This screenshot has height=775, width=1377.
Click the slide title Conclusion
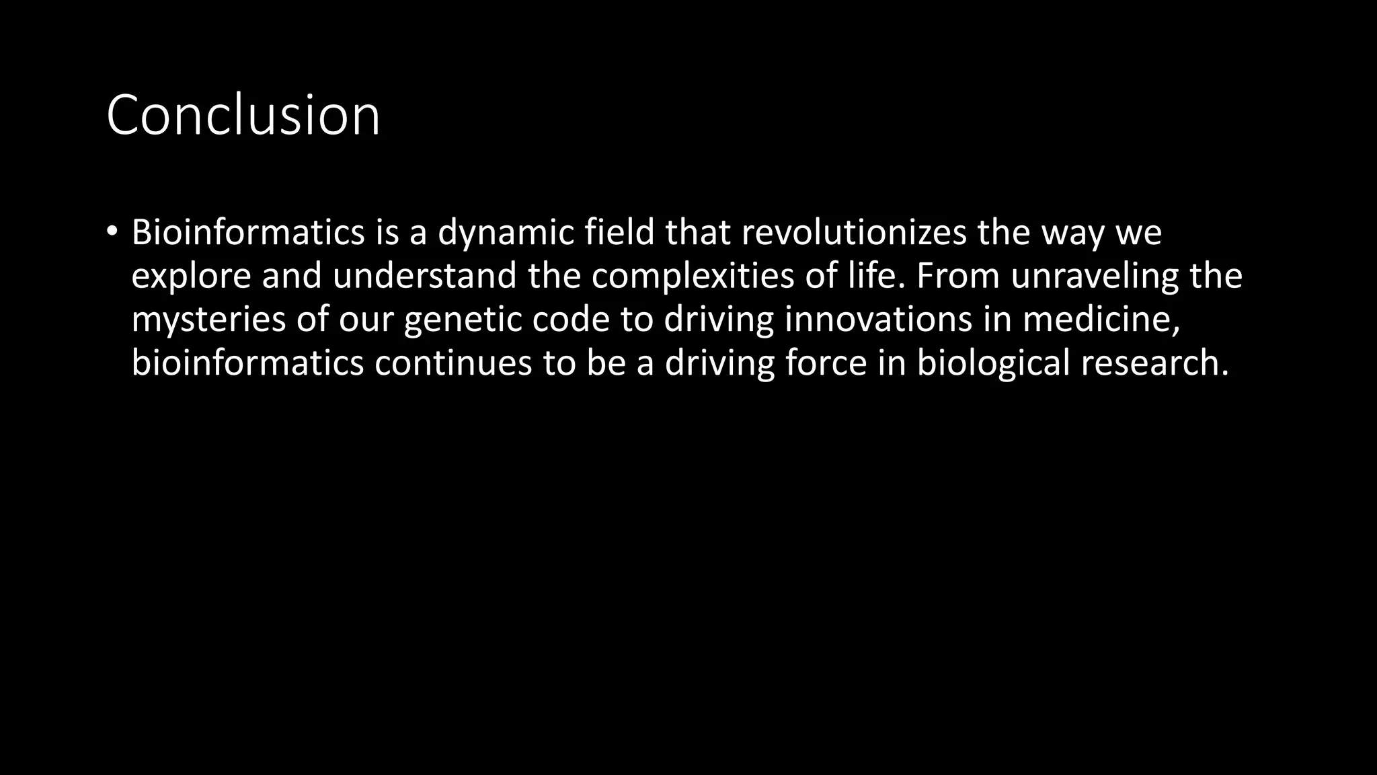pyautogui.click(x=243, y=115)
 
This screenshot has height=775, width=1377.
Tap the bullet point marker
pyautogui.click(x=112, y=231)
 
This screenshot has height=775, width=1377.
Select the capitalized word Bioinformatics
pyautogui.click(x=248, y=232)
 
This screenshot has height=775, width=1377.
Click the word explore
pyautogui.click(x=191, y=276)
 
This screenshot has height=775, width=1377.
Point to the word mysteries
pyautogui.click(x=208, y=320)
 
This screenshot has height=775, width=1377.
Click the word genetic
pyautogui.click(x=463, y=320)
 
